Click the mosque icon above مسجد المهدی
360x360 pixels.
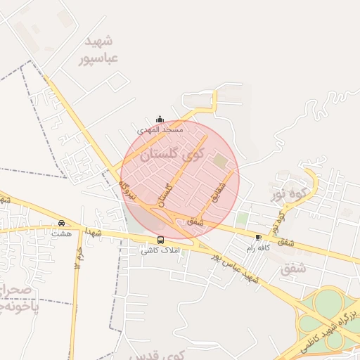(160, 119)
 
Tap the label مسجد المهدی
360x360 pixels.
(160, 130)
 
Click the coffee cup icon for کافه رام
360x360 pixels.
(259, 238)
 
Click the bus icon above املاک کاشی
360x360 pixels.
(161, 240)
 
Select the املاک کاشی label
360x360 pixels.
(160, 250)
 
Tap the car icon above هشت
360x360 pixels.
(61, 223)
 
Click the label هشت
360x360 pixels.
(61, 233)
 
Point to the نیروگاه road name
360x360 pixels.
(125, 188)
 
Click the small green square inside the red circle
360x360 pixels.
(221, 161)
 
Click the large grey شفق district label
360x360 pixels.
(294, 268)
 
